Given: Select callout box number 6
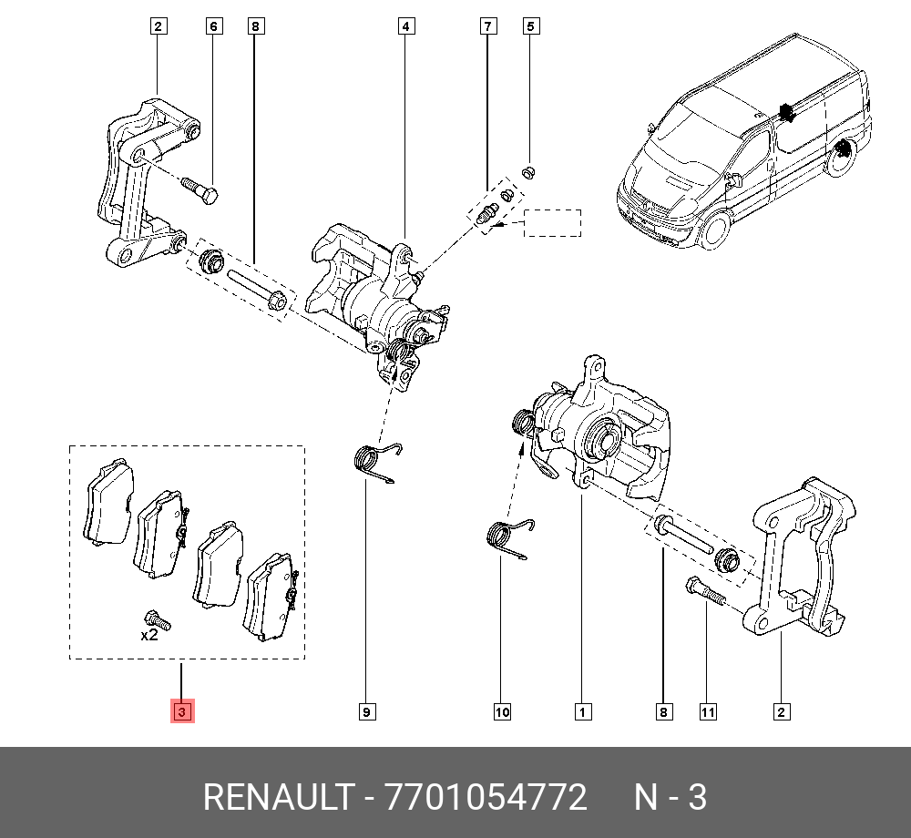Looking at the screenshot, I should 214,27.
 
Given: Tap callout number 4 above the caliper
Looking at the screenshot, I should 405,27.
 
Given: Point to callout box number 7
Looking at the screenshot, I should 488,27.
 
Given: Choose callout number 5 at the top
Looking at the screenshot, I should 530,27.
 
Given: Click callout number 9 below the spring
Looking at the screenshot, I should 365,712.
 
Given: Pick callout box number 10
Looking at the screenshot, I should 502,712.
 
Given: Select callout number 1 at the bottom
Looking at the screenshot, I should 580,712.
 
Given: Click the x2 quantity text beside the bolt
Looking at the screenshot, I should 149,636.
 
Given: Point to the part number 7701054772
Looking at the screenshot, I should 486,798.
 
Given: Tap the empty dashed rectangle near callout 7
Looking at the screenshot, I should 552,223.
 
